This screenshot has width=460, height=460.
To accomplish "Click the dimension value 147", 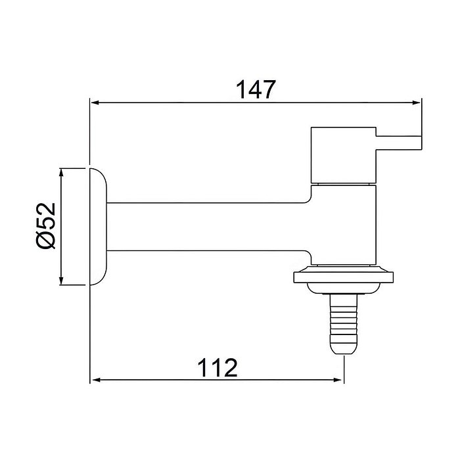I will pyautogui.click(x=255, y=90).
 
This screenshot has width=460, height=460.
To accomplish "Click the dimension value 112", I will pyautogui.click(x=217, y=367).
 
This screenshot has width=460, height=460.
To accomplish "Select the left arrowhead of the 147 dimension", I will pyautogui.click(x=95, y=103).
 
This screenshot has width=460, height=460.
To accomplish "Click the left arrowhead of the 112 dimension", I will pyautogui.click(x=95, y=380).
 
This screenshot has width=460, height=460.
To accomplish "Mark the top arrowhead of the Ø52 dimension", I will pyautogui.click(x=61, y=172).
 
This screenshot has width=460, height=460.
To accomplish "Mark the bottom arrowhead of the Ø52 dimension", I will pyautogui.click(x=61, y=281).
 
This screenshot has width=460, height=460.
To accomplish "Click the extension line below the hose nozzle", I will pyautogui.click(x=344, y=368).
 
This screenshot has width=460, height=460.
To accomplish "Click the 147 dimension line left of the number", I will pyautogui.click(x=164, y=103).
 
